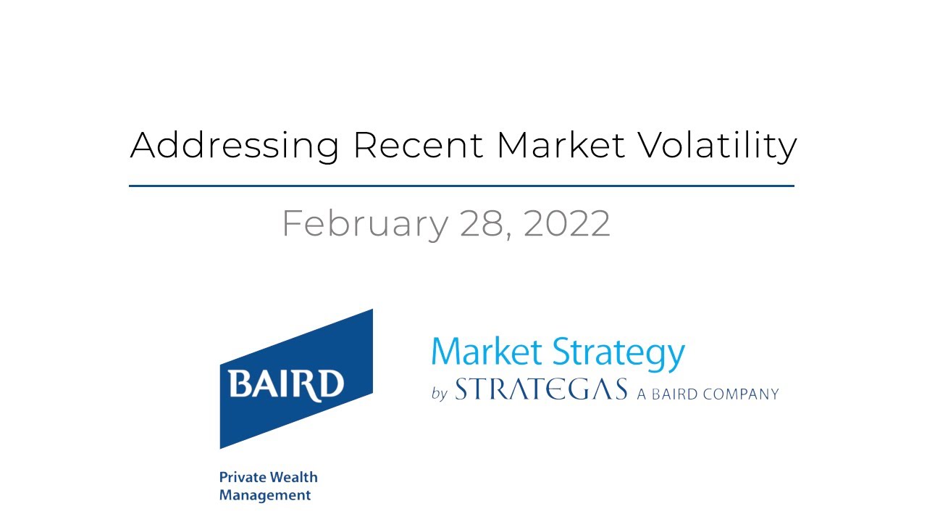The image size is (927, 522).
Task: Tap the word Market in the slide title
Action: coord(561,145)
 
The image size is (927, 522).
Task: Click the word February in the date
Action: coord(364,223)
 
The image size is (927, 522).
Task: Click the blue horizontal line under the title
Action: coord(461,186)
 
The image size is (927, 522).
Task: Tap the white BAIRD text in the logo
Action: coord(286,383)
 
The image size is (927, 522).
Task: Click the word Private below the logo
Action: coord(242,478)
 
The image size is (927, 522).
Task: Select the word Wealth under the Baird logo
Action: coord(293,478)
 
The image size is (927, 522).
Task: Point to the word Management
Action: coord(265,496)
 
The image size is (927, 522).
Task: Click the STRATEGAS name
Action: coord(541,391)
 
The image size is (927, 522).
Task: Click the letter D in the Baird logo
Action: coord(332,384)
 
